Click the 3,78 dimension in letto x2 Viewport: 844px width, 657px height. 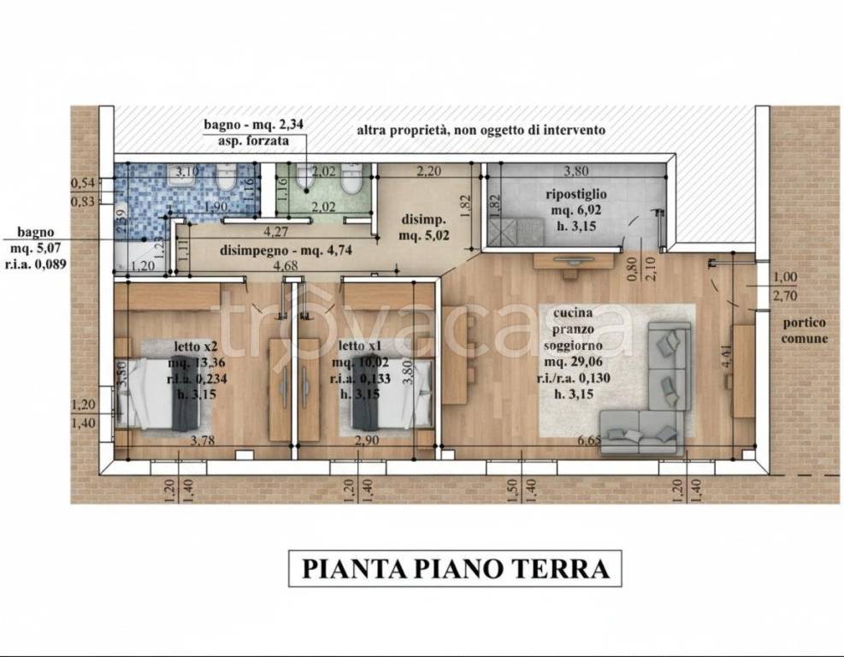201,441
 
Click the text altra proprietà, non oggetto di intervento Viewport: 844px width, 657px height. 481,131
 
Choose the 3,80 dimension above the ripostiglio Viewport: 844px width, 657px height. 579,170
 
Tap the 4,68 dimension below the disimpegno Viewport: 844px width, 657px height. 285,268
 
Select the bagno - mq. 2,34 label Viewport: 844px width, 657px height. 253,125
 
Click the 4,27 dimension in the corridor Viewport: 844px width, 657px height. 275,231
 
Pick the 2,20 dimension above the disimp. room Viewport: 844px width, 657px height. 428,171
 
